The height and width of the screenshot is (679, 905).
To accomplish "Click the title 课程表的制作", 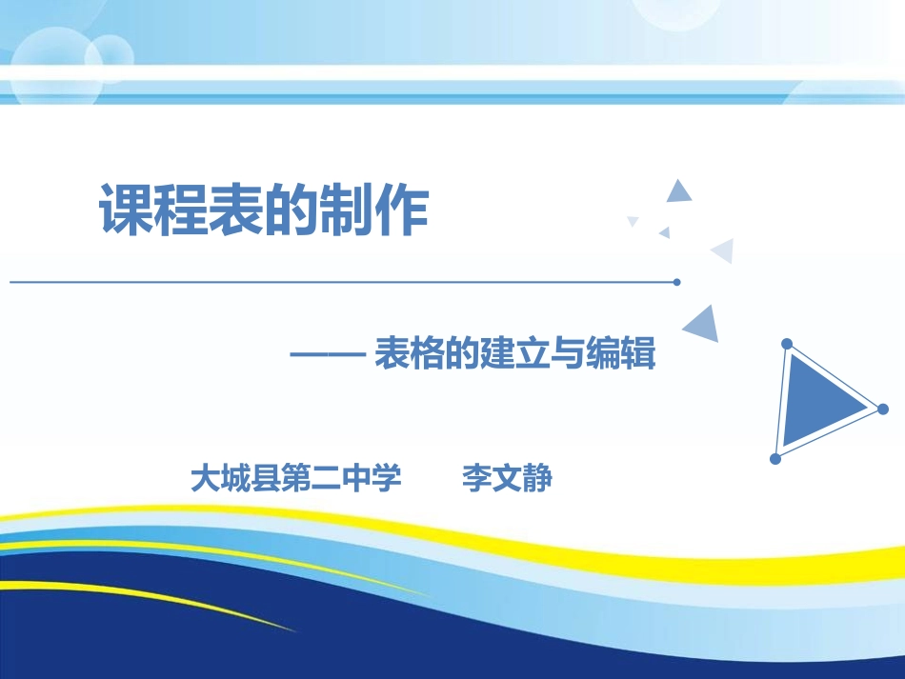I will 264,211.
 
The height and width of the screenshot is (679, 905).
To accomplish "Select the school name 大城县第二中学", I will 296,478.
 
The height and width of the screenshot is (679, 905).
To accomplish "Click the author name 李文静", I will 507,478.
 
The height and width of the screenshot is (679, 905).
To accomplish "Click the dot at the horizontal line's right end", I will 676,282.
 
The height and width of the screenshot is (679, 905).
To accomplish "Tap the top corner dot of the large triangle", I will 787,344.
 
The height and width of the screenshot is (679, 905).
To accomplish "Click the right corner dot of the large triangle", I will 882,409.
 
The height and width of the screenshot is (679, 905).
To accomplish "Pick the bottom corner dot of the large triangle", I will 775,459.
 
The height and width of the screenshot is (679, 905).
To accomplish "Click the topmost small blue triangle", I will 678,192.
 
